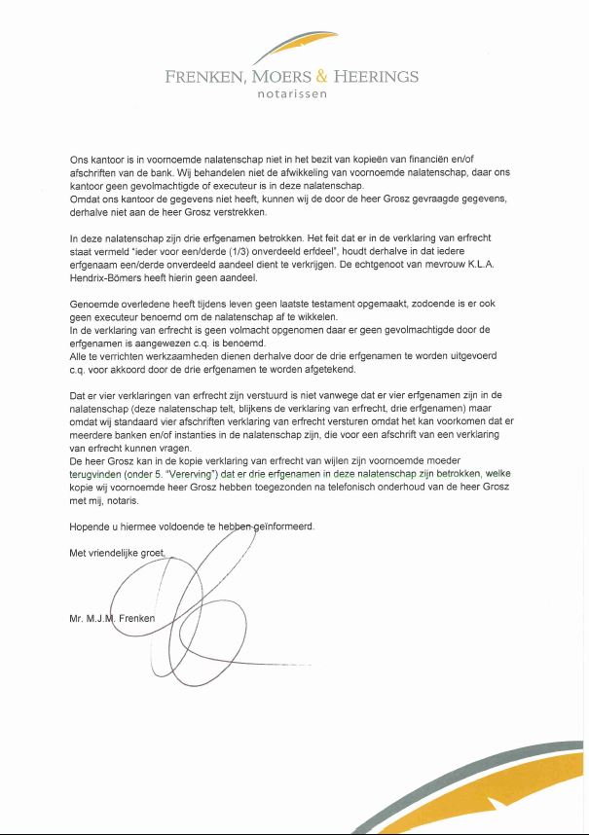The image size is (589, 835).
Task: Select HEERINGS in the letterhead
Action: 376,77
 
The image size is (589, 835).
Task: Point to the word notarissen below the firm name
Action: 292,94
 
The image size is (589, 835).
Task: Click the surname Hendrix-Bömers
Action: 113,277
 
